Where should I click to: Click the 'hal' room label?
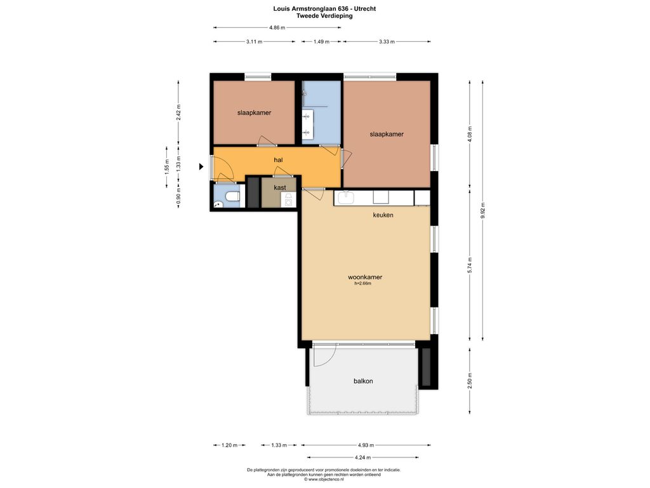(278, 159)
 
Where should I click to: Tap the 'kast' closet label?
(280, 187)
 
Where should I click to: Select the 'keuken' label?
(383, 215)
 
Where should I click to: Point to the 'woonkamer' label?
(365, 277)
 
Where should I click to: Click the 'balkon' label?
(363, 381)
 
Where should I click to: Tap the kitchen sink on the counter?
(345, 198)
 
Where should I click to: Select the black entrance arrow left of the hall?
(201, 167)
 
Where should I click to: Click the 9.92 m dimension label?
(482, 210)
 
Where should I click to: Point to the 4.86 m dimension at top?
(277, 28)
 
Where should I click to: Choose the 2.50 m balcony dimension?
(470, 381)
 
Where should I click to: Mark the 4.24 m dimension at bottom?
(362, 457)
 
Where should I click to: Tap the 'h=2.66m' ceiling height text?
(362, 284)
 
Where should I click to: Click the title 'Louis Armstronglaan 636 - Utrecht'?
(324, 8)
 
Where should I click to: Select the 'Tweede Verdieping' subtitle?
(324, 16)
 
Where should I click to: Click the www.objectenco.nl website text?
(324, 479)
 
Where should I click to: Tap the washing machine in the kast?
(289, 200)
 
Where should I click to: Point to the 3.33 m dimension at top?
(387, 41)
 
